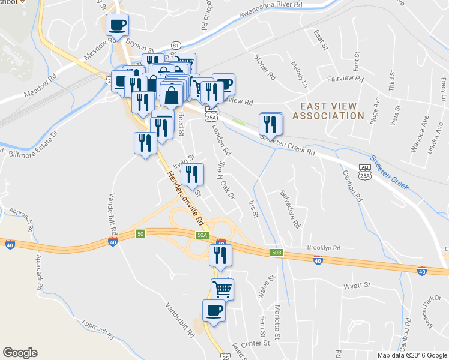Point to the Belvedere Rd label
[289, 209]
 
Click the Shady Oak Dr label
[225, 179]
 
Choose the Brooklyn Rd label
[324, 247]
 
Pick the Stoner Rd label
[264, 68]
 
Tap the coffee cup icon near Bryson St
[117, 26]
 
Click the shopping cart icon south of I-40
[222, 289]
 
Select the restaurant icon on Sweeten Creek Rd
[271, 124]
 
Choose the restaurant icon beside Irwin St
[193, 174]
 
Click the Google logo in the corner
[20, 353]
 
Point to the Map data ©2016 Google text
[412, 355]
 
